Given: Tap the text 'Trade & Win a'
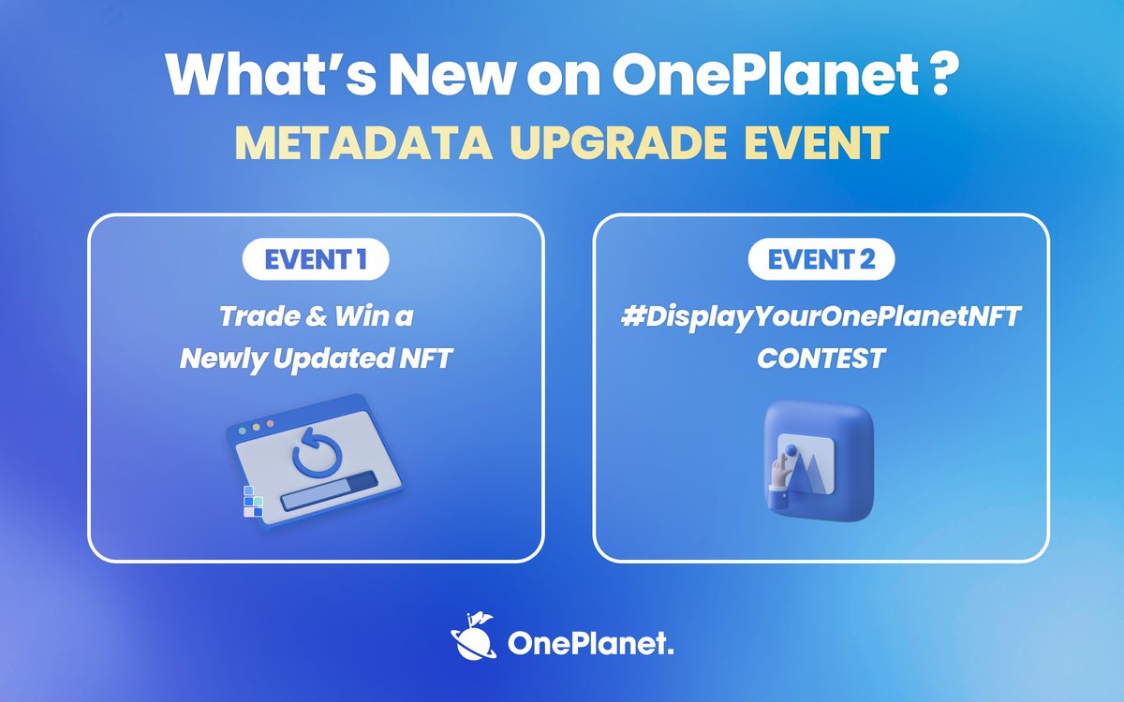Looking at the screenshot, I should coord(316,316).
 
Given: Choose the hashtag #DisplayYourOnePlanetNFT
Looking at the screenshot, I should coord(821,316).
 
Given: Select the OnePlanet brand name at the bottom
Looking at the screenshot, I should coord(590,643).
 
